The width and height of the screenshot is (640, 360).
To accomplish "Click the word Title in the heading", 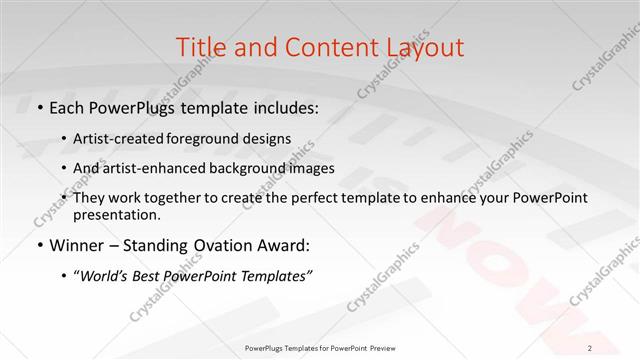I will click(198, 47).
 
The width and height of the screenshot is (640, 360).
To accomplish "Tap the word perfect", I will click(297, 198).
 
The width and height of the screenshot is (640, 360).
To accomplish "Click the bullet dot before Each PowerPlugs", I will click(39, 106).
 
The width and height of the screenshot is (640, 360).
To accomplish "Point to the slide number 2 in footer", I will click(590, 348).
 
